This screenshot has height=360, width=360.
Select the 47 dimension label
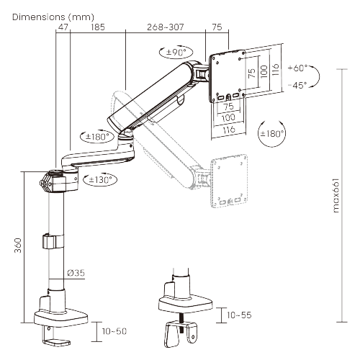pos(63,27)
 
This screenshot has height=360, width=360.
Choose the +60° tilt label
pos(296,68)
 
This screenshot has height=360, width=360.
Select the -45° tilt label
pos(296,84)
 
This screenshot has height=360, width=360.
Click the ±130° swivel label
pos(100,180)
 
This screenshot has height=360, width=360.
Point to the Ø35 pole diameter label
pos(76,273)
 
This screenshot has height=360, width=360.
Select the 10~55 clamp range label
pos(239,315)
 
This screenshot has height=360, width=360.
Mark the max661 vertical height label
pos(337,192)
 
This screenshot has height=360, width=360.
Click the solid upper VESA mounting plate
pos(228,76)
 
